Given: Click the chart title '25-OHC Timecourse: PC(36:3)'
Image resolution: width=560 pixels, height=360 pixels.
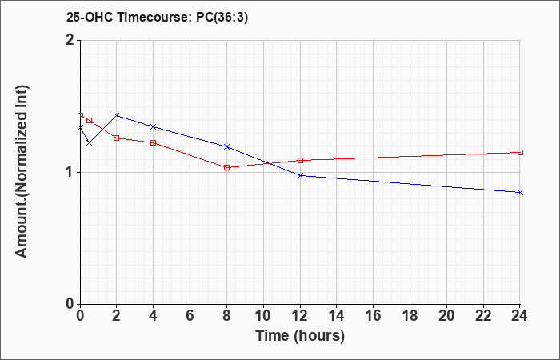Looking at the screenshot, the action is point(157,18).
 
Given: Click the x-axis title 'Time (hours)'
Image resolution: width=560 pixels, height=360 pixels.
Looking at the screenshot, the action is point(300,336).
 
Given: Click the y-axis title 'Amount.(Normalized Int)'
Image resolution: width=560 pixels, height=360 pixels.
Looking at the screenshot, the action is point(22,172).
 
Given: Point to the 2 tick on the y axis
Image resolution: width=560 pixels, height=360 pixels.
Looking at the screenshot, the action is point(71,40).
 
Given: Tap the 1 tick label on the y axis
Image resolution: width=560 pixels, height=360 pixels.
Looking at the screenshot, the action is point(71,173).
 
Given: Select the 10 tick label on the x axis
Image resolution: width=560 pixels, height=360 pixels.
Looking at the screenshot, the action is point(263,316).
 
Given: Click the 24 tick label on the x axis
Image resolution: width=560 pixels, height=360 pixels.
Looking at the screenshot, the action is point(519,316).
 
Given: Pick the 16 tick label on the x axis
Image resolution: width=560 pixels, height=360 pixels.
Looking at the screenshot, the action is point(374,316).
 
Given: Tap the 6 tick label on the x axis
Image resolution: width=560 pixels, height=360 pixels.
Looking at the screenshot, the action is point(190,316).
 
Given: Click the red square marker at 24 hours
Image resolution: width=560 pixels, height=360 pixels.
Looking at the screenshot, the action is point(520,153).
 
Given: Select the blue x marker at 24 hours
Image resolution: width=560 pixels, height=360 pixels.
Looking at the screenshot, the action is point(520,193).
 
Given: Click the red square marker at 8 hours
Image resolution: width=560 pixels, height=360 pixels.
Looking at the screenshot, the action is point(226,167).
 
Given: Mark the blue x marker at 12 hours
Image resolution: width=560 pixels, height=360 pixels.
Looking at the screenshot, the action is point(300,175).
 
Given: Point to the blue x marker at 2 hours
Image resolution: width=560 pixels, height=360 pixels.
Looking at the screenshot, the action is point(117,115).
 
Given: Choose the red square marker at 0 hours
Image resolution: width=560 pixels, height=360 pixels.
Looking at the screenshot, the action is point(80,116).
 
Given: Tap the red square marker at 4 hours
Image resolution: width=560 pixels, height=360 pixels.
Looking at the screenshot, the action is point(154,143).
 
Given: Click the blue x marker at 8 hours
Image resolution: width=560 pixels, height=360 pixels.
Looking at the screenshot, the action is point(226,146).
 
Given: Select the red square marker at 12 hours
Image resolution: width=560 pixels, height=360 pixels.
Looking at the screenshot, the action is point(300,160).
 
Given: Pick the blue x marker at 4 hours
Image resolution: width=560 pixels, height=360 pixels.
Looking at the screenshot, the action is point(154,126).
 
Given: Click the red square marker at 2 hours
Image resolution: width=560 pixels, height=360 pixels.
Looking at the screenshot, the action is point(117,138).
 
